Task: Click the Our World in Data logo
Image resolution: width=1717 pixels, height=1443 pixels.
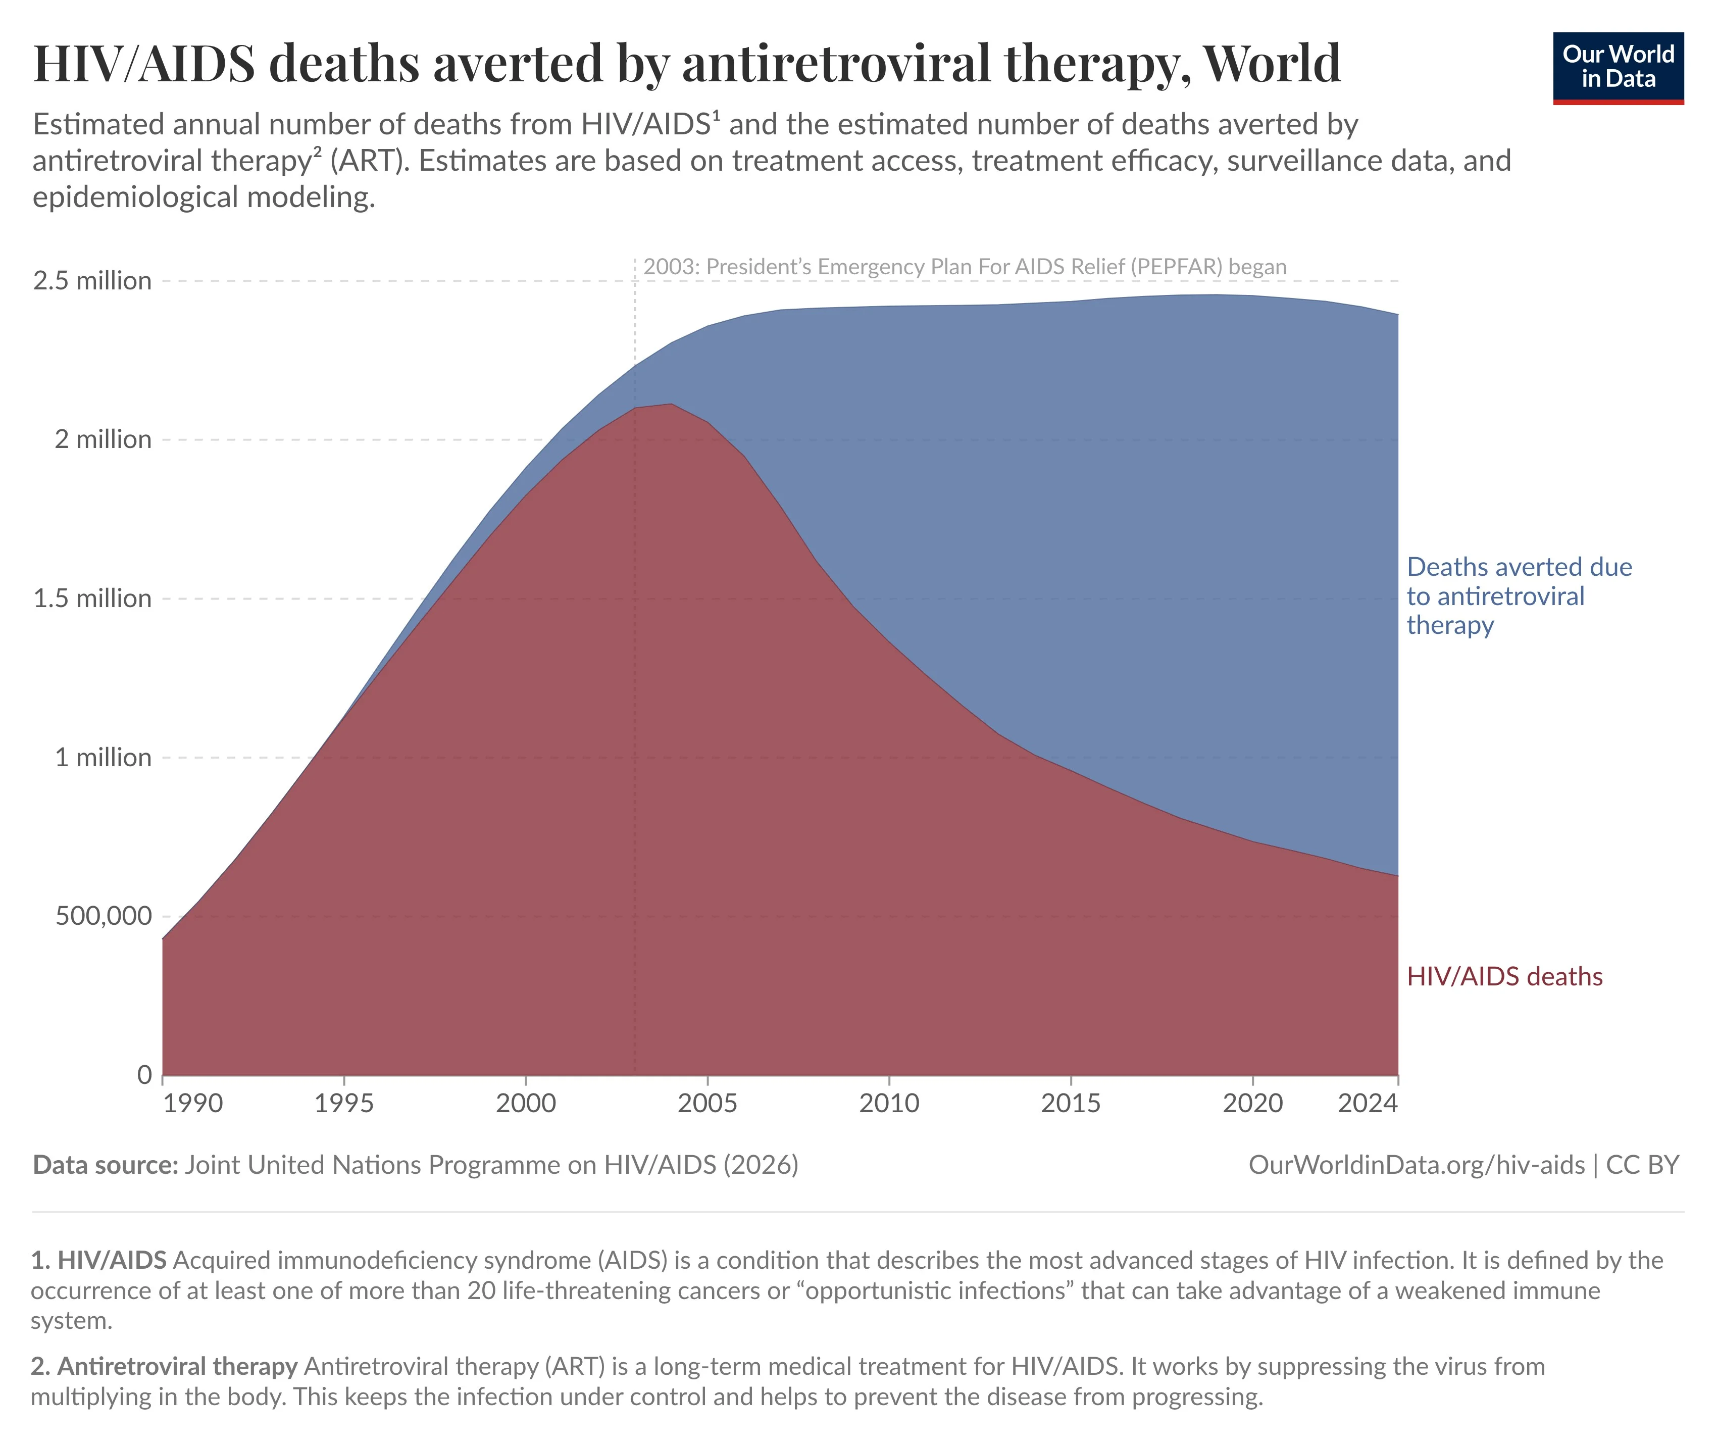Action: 1617,68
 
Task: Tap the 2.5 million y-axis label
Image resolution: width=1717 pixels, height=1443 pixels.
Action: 91,281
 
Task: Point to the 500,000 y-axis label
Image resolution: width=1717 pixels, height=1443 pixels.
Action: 103,915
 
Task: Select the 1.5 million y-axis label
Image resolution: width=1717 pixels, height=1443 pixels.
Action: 91,598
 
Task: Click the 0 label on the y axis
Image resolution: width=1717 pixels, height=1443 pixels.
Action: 144,1074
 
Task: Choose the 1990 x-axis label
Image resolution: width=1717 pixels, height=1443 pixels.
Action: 192,1103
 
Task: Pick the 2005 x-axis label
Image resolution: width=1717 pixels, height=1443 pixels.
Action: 707,1103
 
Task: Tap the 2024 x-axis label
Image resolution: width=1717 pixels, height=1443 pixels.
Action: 1367,1103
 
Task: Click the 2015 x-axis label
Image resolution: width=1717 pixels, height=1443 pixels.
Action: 1070,1103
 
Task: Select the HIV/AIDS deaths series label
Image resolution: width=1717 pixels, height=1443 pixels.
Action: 1503,976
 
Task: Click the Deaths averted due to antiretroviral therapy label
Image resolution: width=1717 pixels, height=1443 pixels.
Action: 1518,595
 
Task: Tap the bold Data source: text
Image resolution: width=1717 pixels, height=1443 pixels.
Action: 105,1164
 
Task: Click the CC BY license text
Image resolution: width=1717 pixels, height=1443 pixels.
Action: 1642,1164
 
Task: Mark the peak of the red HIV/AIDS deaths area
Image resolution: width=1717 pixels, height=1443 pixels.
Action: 670,404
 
